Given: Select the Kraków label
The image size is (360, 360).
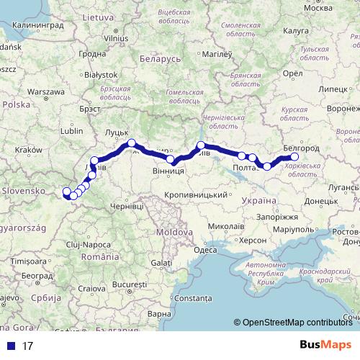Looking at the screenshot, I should [30, 149].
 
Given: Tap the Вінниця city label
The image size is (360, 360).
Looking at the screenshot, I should [169, 171].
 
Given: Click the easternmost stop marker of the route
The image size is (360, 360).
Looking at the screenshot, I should [294, 157].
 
